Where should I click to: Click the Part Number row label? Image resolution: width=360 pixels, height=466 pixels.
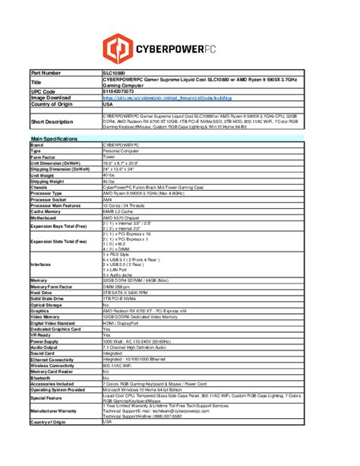(46, 72)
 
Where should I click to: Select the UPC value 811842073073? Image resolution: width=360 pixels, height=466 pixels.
(123, 91)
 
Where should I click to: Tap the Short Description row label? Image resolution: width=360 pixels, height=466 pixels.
(52, 121)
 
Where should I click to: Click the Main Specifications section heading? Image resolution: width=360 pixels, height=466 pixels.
(54, 138)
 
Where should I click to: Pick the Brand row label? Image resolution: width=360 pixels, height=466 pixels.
(37, 144)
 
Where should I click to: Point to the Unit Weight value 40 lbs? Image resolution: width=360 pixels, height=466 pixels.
(111, 176)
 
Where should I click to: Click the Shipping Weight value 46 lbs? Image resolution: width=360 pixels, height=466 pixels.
(111, 182)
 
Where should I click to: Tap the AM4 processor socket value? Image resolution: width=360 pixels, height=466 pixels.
(108, 200)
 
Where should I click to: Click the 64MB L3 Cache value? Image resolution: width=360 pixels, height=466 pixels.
(120, 211)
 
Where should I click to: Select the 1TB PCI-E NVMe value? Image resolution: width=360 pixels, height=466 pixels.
(122, 298)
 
